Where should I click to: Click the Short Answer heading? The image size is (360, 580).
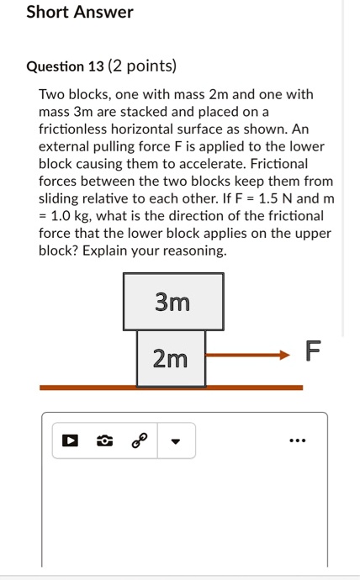[80, 13]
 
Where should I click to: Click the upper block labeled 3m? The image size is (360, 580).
[172, 301]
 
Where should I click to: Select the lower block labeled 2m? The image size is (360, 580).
[171, 359]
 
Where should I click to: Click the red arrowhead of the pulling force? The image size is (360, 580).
[283, 355]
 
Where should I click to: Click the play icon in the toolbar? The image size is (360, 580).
[71, 440]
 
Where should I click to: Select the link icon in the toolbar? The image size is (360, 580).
[140, 440]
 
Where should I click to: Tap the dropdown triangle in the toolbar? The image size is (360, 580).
[176, 440]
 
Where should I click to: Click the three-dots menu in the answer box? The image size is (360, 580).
[297, 440]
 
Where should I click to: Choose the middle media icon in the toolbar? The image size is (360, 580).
[105, 440]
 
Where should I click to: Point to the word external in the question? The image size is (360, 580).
[63, 146]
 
